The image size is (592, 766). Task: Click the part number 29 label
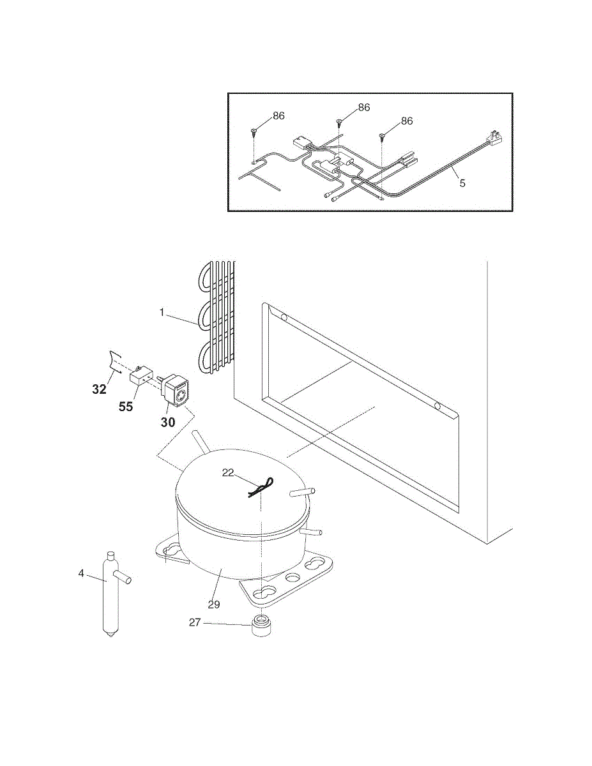tap(214, 604)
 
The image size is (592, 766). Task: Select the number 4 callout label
tap(81, 573)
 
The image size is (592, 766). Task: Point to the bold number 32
tap(99, 389)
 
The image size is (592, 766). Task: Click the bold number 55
tap(126, 406)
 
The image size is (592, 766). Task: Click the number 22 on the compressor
tap(229, 472)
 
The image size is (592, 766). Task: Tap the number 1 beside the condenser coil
tap(162, 313)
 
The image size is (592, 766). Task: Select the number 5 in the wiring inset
tap(462, 183)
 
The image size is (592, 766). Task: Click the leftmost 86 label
tap(278, 116)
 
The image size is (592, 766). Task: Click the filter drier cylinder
tap(110, 594)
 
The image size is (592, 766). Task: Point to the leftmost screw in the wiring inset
tap(254, 131)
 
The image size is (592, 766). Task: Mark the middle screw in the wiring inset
tap(340, 121)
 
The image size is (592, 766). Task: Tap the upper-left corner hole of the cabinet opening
tap(284, 317)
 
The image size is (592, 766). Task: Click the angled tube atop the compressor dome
tap(201, 442)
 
